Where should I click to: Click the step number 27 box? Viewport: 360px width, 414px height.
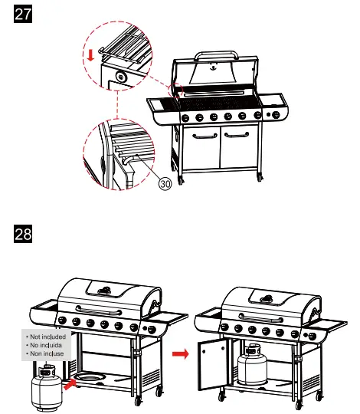tap(25, 18)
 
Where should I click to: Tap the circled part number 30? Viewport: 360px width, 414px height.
tap(165, 183)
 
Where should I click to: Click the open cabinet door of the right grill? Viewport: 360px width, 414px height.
tap(211, 365)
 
